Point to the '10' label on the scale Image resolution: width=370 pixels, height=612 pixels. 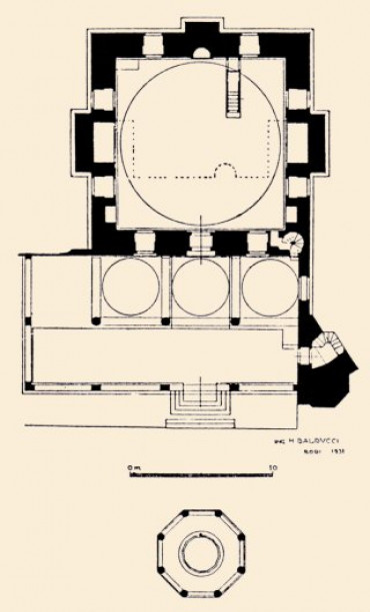point(272,467)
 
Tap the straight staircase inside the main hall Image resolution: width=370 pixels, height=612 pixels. point(236,88)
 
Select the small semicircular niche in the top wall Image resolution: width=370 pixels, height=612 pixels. point(201,50)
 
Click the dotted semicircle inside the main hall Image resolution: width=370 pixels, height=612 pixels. point(228,171)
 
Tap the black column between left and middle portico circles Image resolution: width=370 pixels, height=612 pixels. point(166,322)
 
